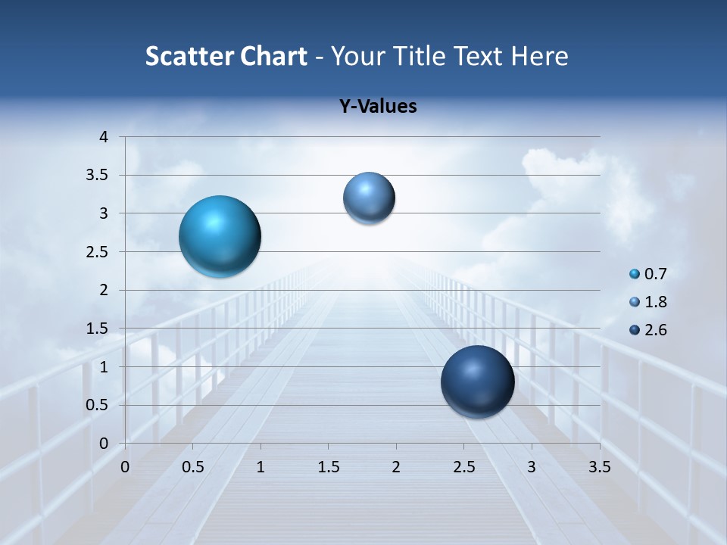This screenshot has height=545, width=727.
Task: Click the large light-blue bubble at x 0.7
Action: pos(220,236)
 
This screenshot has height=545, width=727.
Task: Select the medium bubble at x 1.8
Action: pos(369,198)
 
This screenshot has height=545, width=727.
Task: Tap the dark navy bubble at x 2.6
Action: pos(477,381)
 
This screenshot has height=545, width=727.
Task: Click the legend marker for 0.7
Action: pos(635,274)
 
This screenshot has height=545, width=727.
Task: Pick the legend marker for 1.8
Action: pos(635,302)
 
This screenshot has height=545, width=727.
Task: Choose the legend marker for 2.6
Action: pos(635,330)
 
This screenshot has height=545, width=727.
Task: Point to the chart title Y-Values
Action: pos(378,107)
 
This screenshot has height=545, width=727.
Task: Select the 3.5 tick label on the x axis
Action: pos(599,467)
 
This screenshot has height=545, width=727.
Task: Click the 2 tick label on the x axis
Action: pos(396,467)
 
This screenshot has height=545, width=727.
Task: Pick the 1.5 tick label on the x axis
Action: pos(328,467)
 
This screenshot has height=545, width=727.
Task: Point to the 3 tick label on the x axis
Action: pos(532,467)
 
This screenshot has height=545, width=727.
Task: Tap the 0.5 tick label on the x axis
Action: pos(192,467)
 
